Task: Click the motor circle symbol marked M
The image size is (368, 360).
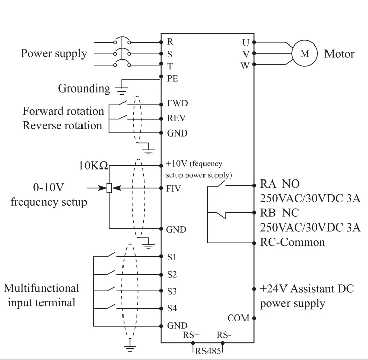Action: (x=304, y=54)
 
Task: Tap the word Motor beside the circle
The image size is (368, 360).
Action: (x=339, y=54)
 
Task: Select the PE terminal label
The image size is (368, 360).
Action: (x=172, y=78)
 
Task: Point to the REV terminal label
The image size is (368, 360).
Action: (x=176, y=118)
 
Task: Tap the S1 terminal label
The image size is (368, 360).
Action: (x=172, y=257)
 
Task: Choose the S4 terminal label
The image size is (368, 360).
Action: (x=172, y=307)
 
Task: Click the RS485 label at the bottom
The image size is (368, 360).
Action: (x=208, y=351)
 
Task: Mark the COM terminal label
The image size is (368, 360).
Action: (x=238, y=318)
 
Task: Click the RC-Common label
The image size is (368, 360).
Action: (x=292, y=242)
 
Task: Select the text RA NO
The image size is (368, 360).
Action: (x=283, y=184)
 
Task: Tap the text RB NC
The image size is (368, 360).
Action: (x=283, y=213)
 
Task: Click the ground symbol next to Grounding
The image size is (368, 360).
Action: (x=121, y=89)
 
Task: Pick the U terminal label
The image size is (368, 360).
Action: (x=246, y=42)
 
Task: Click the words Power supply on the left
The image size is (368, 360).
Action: (x=54, y=53)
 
